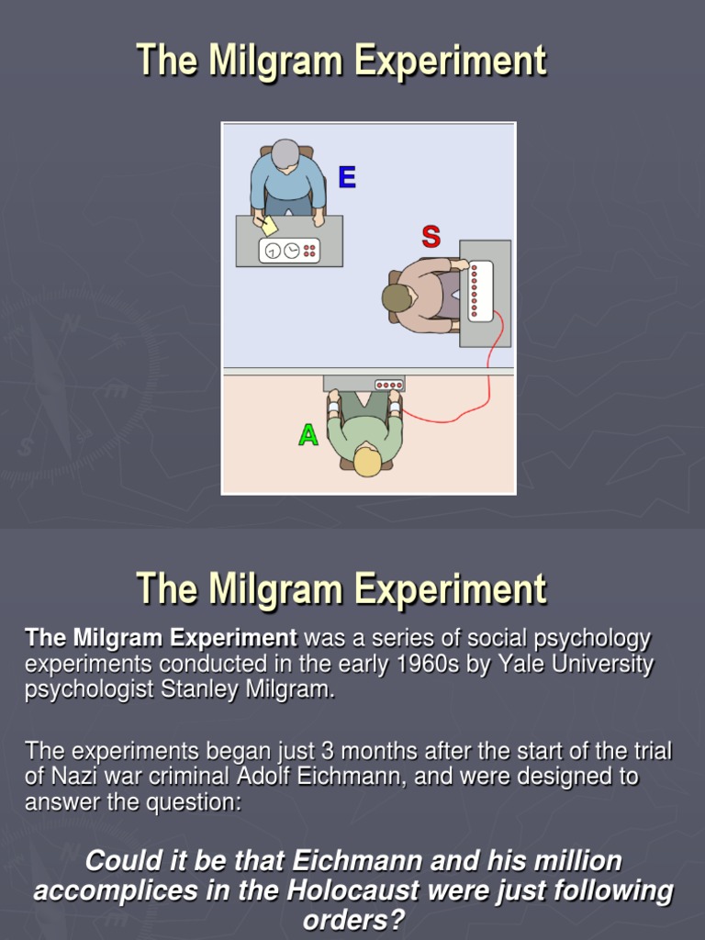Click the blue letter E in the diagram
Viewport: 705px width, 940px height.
[x=346, y=177]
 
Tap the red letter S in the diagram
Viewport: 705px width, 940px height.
[x=431, y=237]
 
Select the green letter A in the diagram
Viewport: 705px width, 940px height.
[x=308, y=435]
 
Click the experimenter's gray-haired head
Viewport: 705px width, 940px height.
[x=285, y=154]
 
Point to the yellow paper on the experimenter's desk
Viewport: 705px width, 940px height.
[x=269, y=226]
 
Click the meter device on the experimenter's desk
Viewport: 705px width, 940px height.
[x=289, y=250]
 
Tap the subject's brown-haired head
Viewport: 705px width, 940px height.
[x=397, y=297]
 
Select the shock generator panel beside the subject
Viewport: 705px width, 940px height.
[x=480, y=291]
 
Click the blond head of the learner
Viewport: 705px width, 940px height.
[x=367, y=462]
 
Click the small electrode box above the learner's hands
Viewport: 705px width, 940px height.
[x=389, y=385]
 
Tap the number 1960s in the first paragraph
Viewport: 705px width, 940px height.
[x=424, y=664]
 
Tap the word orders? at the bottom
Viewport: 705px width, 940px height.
[x=353, y=920]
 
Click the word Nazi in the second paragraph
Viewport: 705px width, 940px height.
[x=70, y=777]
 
